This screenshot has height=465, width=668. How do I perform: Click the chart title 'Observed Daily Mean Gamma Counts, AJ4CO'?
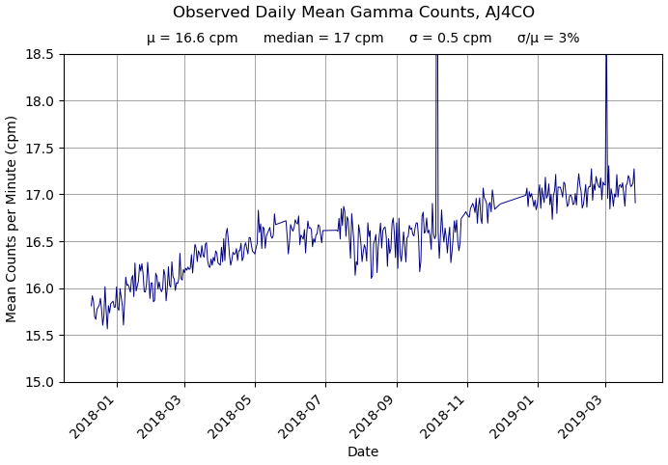tap(353, 13)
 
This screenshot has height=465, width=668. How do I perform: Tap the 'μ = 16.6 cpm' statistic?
tap(192, 39)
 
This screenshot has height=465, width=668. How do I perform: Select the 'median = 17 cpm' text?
tap(322, 39)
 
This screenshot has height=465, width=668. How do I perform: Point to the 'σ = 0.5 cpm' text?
tap(450, 39)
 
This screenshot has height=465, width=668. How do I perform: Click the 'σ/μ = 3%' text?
tap(547, 39)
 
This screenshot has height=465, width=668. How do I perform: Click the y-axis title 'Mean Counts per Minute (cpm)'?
tap(13, 218)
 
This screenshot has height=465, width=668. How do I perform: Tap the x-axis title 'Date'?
tap(363, 451)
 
